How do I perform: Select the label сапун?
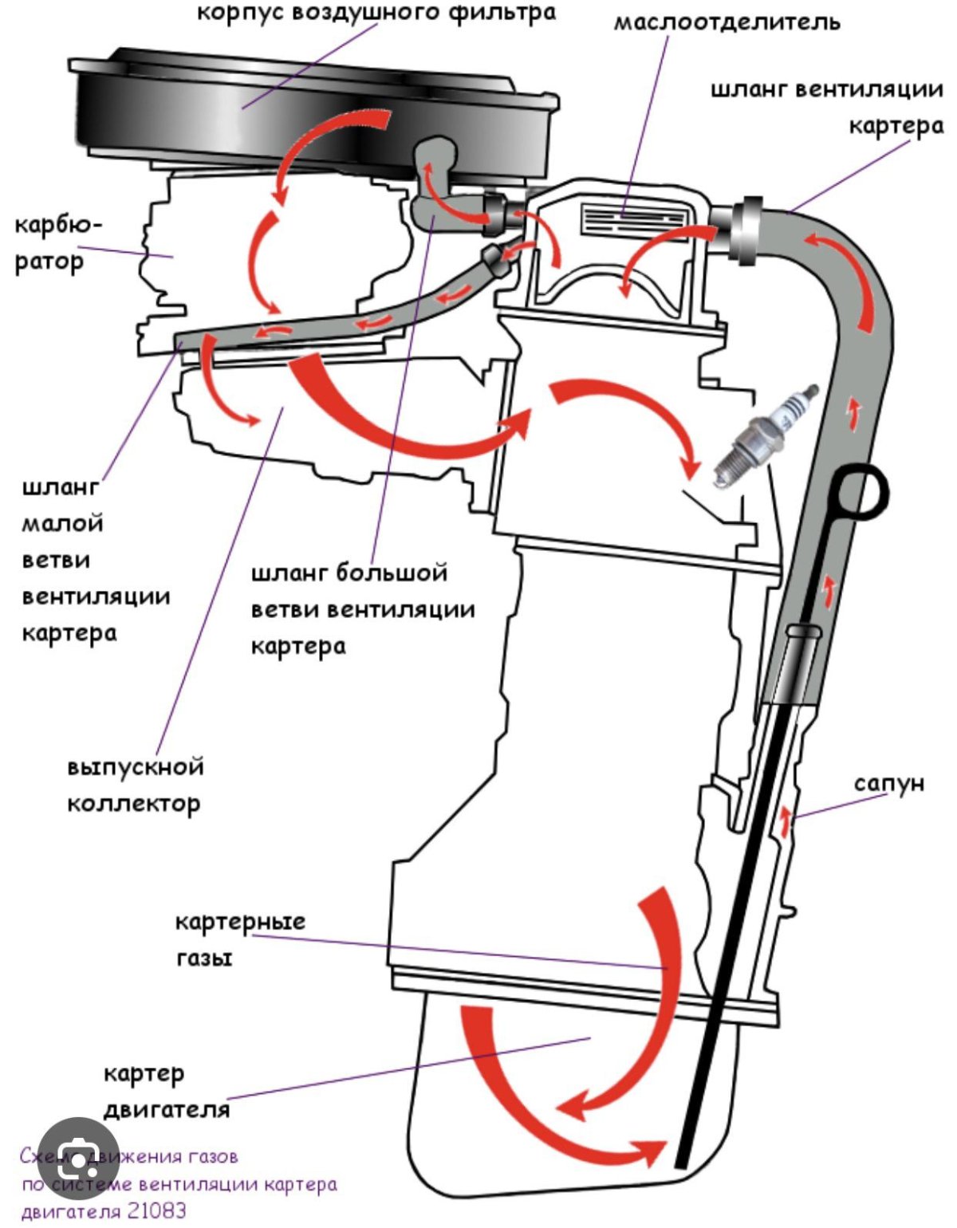888,783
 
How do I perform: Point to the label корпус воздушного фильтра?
376,14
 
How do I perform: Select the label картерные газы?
239,939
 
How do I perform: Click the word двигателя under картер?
166,1108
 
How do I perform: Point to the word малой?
62,524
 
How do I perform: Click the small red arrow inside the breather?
787,821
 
